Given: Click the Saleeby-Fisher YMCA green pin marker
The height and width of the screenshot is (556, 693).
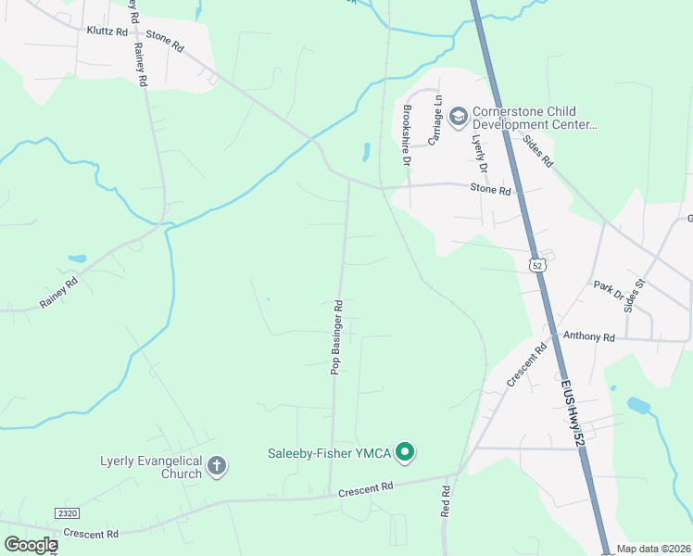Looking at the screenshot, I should tap(404, 452).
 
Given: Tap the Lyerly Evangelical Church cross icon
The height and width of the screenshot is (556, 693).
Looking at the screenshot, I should tap(216, 465).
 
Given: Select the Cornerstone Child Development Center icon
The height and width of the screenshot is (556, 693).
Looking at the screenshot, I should tap(457, 117).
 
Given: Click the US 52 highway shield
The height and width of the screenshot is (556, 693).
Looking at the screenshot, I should tap(537, 265).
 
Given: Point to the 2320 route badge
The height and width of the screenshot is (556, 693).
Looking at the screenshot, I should tap(67, 512).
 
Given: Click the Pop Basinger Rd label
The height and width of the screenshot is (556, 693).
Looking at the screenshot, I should tap(337, 336).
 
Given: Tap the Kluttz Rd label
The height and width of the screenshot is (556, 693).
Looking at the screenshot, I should tap(107, 31).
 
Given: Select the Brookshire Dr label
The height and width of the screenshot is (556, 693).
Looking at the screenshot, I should tap(406, 135).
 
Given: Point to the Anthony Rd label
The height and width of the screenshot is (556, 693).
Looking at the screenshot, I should tap(589, 337).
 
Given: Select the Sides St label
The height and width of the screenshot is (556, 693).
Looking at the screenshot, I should tap(635, 296).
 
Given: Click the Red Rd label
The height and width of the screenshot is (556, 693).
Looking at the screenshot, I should tap(446, 501).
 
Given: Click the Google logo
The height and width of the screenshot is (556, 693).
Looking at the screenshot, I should tap(31, 544).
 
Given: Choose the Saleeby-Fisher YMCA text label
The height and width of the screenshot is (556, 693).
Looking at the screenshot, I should tap(330, 452).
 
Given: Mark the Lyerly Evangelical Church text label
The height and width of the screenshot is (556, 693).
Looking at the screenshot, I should tap(151, 467).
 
